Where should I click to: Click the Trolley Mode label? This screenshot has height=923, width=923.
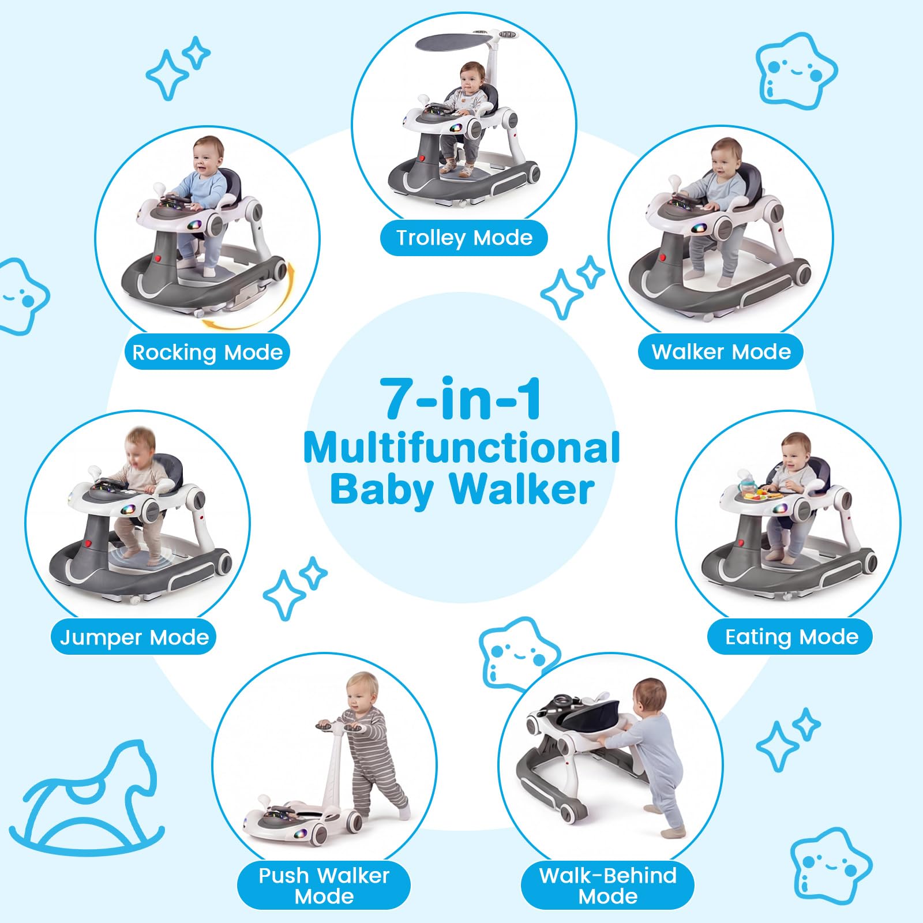coord(464,238)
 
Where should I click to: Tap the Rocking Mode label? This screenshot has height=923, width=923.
coord(208,352)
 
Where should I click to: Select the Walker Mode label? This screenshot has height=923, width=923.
coord(721,351)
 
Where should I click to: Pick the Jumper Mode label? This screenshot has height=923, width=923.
coord(134,637)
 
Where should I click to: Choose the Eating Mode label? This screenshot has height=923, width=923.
coord(791,636)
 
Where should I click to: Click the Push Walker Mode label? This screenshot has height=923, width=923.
coord(324,886)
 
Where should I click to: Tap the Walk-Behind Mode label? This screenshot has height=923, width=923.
coord(607,886)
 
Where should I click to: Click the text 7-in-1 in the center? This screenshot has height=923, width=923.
coord(461,399)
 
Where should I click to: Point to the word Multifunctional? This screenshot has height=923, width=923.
coord(461,448)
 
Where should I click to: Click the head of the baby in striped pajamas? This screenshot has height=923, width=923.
coord(362,694)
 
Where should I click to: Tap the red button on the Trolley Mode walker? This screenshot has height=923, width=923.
coord(422,158)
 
